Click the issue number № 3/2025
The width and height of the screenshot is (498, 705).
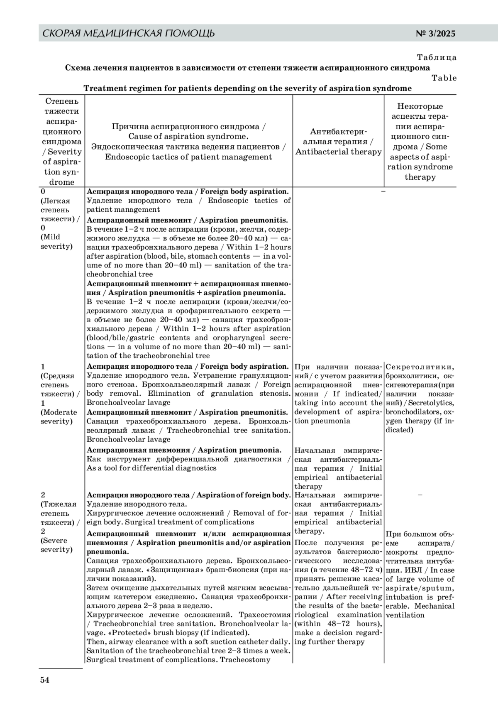coord(435,34)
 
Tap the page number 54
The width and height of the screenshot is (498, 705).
coord(45,680)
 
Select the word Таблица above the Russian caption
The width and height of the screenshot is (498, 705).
coord(437,57)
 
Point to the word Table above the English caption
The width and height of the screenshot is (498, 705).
coord(444,78)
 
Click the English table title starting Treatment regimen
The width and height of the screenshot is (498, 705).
coord(247,88)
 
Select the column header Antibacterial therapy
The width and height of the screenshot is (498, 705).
coord(338,152)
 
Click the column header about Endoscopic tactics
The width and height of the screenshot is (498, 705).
coord(188,157)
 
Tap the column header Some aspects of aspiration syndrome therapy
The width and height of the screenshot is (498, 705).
coord(420,162)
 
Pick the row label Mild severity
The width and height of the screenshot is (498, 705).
coord(56,242)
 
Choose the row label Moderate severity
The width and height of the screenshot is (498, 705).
coord(59,417)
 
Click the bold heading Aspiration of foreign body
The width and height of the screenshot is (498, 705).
coord(243,495)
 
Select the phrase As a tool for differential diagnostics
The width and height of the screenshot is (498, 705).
coord(151,468)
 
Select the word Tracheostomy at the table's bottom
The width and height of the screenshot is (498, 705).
coord(245,660)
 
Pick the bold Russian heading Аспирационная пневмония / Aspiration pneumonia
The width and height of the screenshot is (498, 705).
coord(184,450)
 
